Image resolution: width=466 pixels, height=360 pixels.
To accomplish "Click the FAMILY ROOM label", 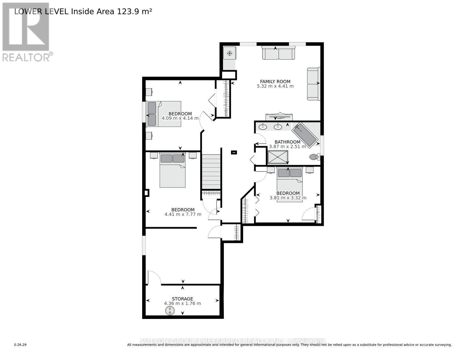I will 275,81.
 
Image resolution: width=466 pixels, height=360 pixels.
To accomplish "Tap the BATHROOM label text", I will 287,142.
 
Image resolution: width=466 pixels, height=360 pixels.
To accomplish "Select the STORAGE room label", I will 182,299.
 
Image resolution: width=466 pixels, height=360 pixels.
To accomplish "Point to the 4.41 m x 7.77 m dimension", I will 183,214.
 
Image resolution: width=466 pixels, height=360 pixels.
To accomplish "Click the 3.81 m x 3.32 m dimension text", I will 288,198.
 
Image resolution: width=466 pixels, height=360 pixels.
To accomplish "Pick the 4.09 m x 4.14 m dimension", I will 180,118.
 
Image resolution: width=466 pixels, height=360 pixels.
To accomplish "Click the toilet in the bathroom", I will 314,157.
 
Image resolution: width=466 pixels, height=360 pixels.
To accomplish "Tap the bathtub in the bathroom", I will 305,135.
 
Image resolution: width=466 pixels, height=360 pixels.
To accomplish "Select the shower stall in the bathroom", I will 278,157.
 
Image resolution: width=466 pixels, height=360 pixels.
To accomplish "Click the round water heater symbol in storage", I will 170,311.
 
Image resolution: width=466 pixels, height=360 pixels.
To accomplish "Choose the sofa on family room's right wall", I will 313,84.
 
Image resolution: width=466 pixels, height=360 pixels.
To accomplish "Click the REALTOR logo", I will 26,32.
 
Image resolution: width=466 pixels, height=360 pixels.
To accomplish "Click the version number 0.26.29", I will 20,345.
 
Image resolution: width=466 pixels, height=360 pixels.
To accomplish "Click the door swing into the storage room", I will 154,278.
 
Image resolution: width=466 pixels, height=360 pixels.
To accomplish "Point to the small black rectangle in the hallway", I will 234,152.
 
